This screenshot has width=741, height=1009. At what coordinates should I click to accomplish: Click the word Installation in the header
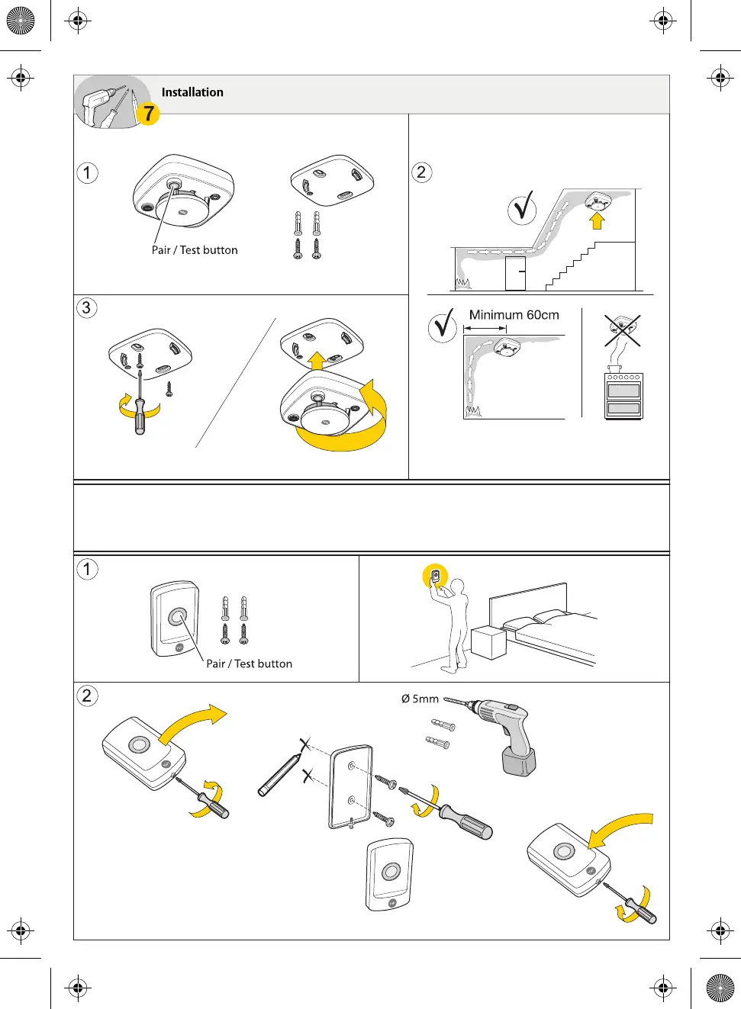(x=192, y=92)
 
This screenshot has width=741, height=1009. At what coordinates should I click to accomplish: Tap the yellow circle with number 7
(x=148, y=114)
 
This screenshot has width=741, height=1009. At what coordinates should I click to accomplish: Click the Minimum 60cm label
(x=514, y=315)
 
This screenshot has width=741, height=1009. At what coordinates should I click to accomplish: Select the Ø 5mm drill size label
(x=420, y=699)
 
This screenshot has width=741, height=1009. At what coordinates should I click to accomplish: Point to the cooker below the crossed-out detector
(x=623, y=395)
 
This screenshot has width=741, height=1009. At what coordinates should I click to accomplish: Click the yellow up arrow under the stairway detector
(x=597, y=220)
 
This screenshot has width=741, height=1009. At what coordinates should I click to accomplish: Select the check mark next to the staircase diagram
(x=523, y=208)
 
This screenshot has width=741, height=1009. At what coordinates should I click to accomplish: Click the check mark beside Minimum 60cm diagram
(x=443, y=326)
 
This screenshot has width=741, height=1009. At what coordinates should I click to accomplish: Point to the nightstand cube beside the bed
(x=489, y=642)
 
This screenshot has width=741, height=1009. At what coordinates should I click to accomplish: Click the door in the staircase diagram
(x=515, y=273)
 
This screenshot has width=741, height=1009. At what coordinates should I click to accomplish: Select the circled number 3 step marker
(x=86, y=308)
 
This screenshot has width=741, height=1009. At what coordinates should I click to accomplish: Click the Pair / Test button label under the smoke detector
(x=195, y=250)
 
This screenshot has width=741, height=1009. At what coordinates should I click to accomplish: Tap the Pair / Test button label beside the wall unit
(x=249, y=664)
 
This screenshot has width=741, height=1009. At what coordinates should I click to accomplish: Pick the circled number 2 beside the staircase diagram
(x=421, y=172)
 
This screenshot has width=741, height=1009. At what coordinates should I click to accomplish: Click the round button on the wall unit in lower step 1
(x=178, y=616)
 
